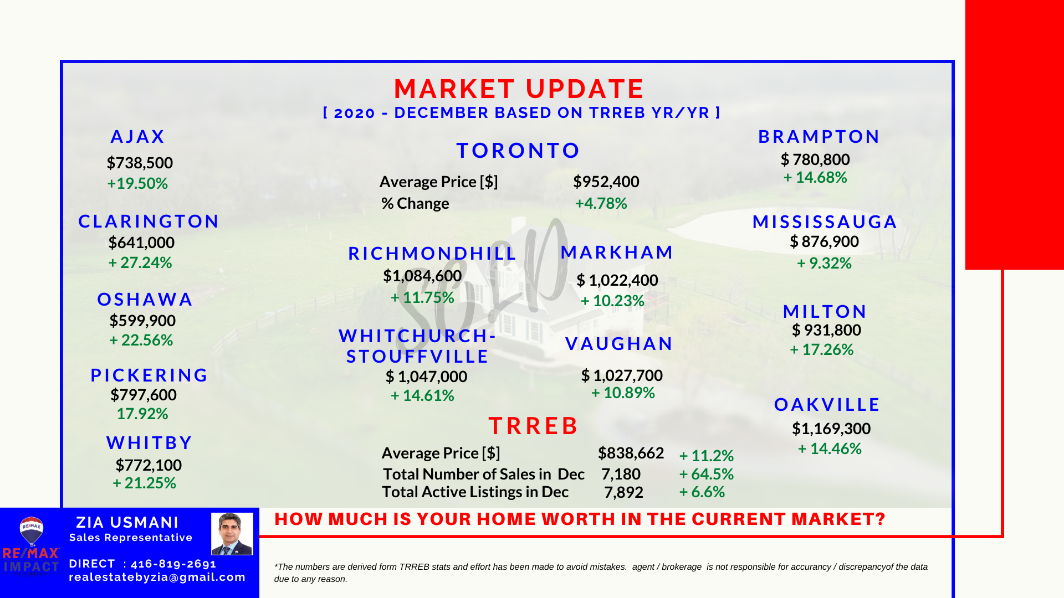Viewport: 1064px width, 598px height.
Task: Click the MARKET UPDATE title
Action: [519, 89]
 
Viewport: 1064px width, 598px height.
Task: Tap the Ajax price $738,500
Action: [140, 163]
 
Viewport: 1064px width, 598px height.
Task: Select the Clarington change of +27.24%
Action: [140, 262]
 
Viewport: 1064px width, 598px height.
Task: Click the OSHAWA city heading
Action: [145, 300]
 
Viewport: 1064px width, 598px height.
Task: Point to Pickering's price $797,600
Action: [144, 395]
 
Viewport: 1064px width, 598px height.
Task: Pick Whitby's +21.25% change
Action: [145, 483]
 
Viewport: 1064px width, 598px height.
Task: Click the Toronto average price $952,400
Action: [606, 182]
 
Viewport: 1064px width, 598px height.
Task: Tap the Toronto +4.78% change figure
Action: [601, 203]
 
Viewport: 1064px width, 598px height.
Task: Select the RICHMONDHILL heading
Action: [432, 254]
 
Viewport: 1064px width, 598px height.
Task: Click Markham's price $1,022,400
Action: [617, 280]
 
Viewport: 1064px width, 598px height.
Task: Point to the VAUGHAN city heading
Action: [619, 344]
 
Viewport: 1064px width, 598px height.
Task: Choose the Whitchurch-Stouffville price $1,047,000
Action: [426, 377]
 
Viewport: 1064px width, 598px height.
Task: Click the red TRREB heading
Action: [533, 426]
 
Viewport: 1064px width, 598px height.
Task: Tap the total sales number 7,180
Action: [621, 474]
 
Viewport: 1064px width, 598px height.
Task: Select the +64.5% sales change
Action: [707, 474]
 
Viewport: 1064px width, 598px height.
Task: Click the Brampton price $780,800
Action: [815, 159]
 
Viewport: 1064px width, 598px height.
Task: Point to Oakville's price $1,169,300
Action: [831, 429]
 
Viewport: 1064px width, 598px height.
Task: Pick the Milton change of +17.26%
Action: [822, 349]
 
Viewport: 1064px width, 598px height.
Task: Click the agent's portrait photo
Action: [232, 534]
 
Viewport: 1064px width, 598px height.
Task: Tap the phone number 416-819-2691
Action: [173, 564]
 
